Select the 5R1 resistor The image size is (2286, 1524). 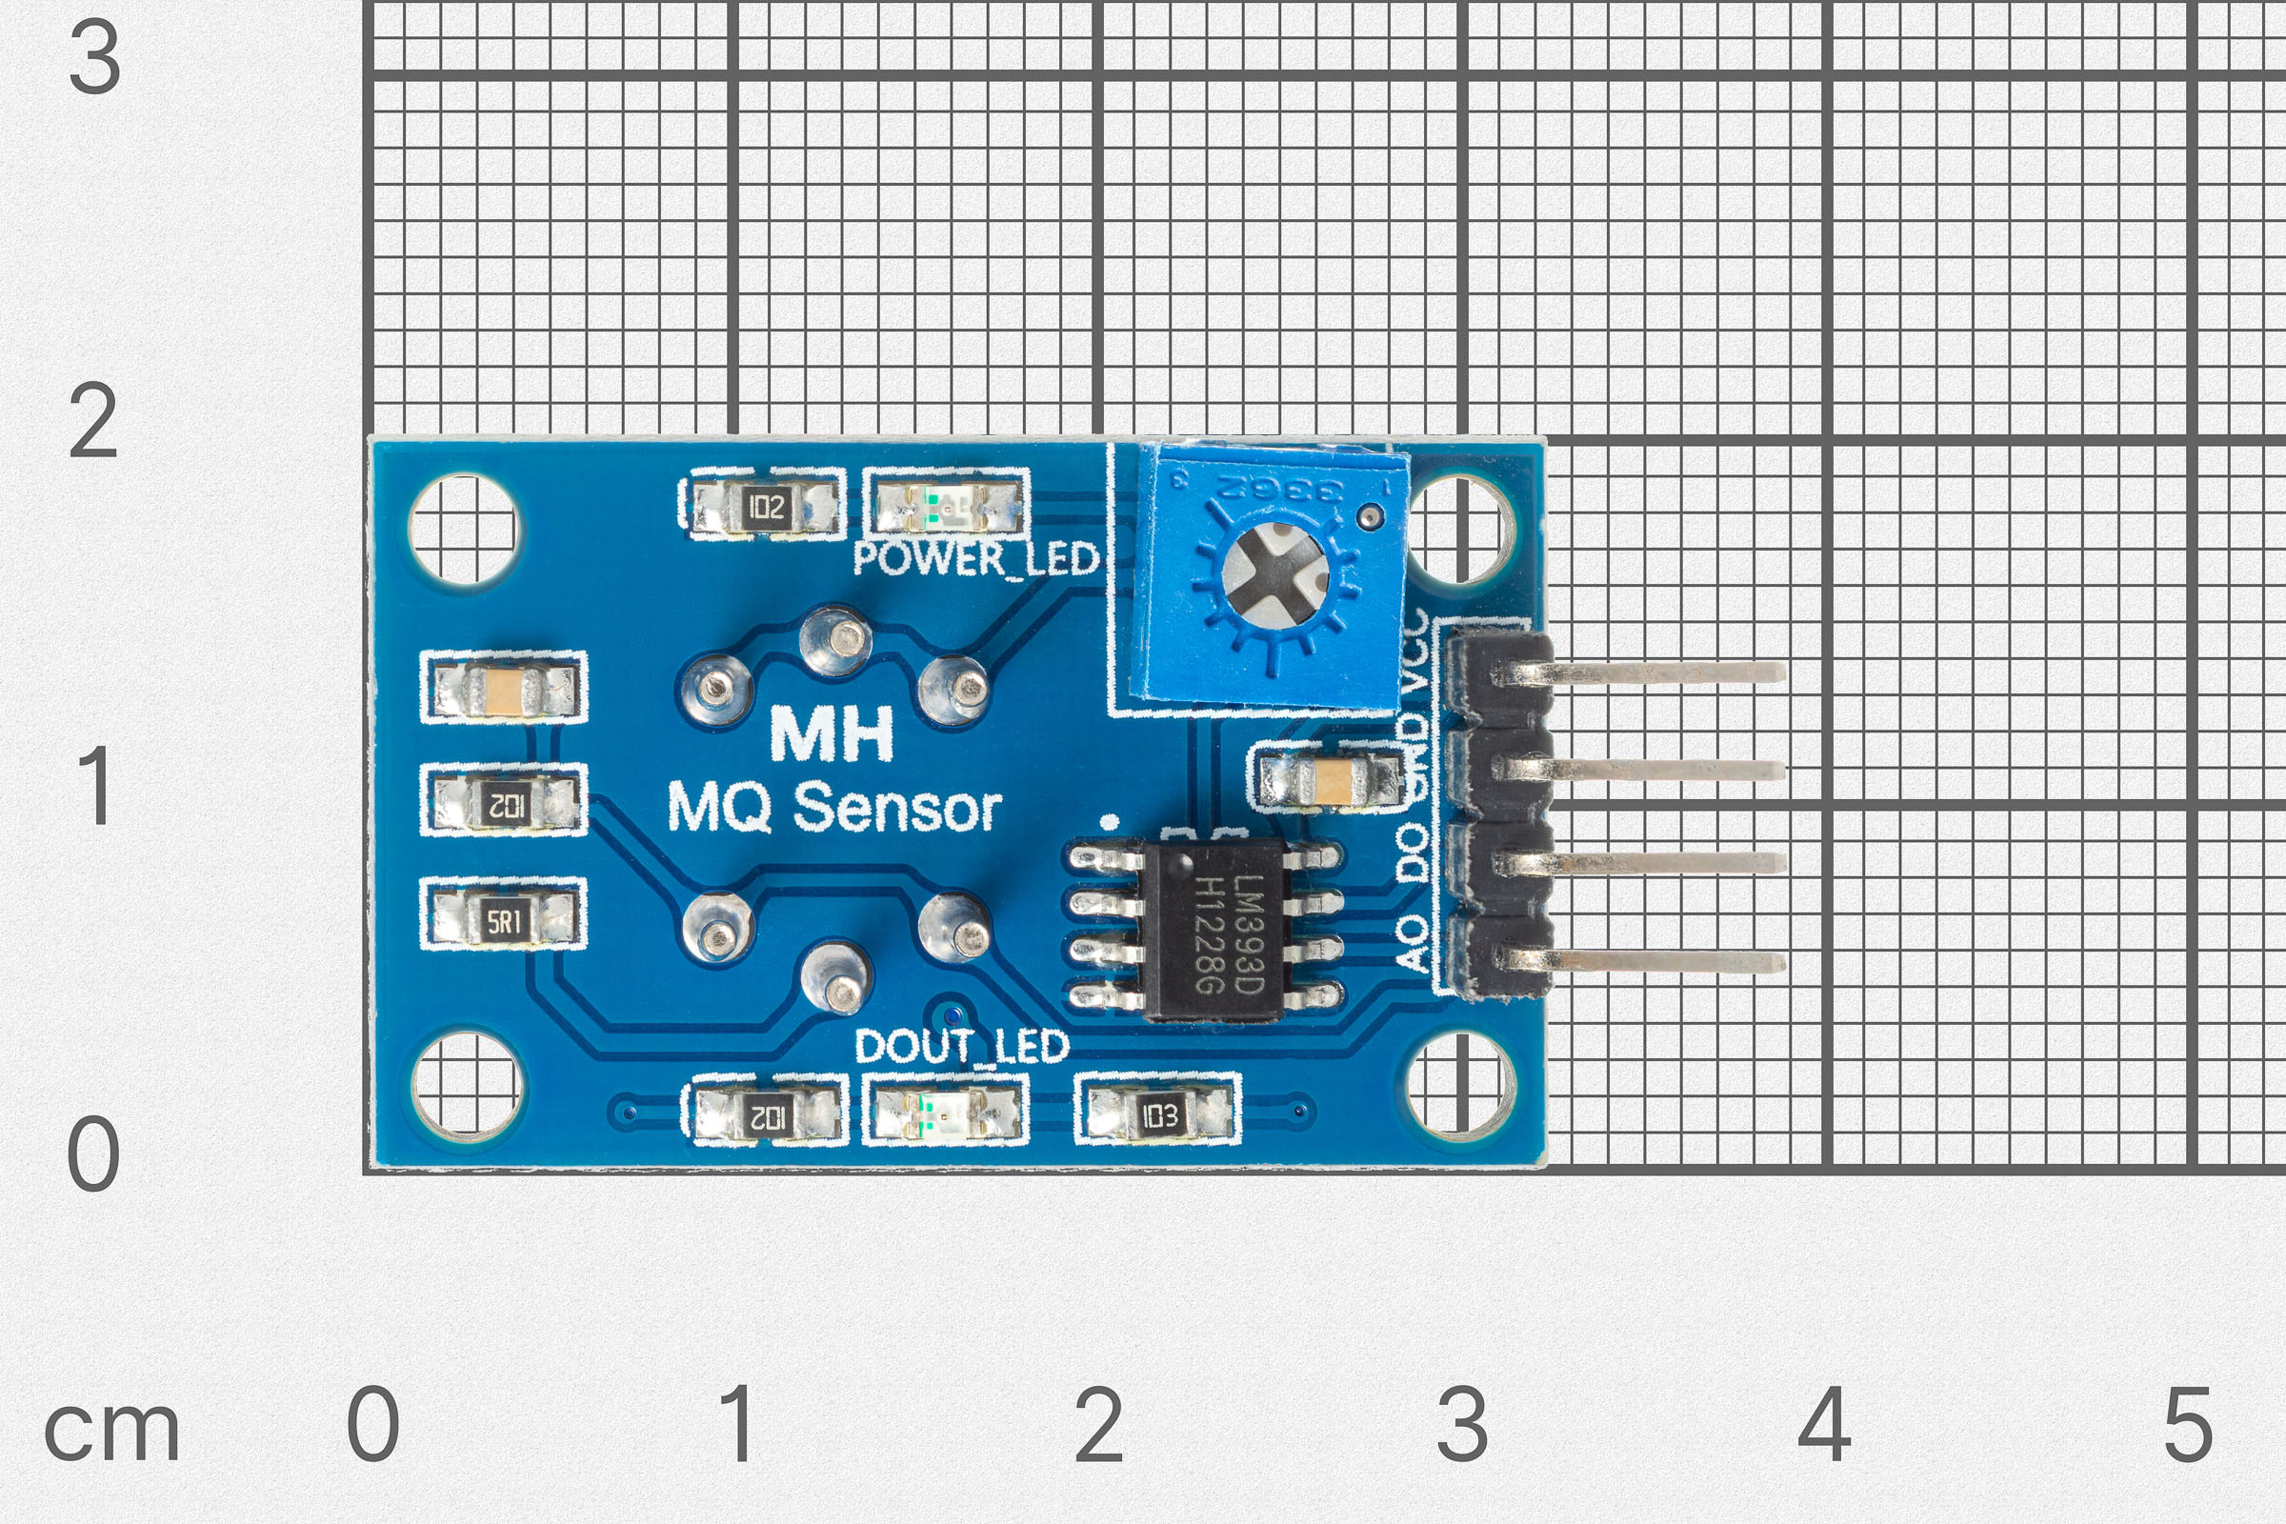(x=504, y=918)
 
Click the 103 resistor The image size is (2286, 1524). (x=1157, y=1113)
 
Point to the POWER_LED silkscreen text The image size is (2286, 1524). (x=974, y=559)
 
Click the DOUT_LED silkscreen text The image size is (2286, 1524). (x=961, y=1046)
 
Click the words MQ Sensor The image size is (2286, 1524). (x=834, y=808)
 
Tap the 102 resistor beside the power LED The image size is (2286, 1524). (x=765, y=507)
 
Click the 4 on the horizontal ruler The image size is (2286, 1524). (x=1823, y=1423)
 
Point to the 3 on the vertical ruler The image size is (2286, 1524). (x=94, y=58)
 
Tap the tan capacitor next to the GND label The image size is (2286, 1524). (x=1328, y=777)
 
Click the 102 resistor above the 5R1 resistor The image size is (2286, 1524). (x=504, y=803)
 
